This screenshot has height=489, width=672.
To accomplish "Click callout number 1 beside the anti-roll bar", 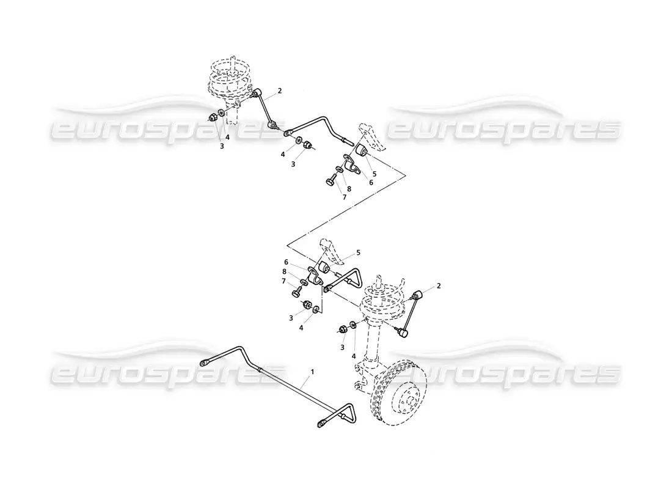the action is tap(312, 372).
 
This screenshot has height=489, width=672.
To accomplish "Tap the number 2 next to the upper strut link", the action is tap(279, 90).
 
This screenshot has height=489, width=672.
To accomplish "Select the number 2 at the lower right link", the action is tap(438, 286).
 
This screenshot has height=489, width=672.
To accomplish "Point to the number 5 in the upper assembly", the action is tap(374, 174).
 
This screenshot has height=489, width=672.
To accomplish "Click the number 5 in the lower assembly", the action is tap(358, 252).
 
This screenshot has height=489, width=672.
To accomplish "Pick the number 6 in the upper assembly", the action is tap(371, 182).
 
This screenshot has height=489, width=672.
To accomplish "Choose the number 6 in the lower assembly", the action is tap(286, 262).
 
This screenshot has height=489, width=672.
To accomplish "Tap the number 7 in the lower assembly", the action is tap(283, 281).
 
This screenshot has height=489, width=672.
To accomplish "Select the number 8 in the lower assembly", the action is tap(284, 271).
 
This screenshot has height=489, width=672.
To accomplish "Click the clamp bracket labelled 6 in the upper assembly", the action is tap(351, 165).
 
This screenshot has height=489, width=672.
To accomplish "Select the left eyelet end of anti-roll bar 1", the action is tap(205, 364).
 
